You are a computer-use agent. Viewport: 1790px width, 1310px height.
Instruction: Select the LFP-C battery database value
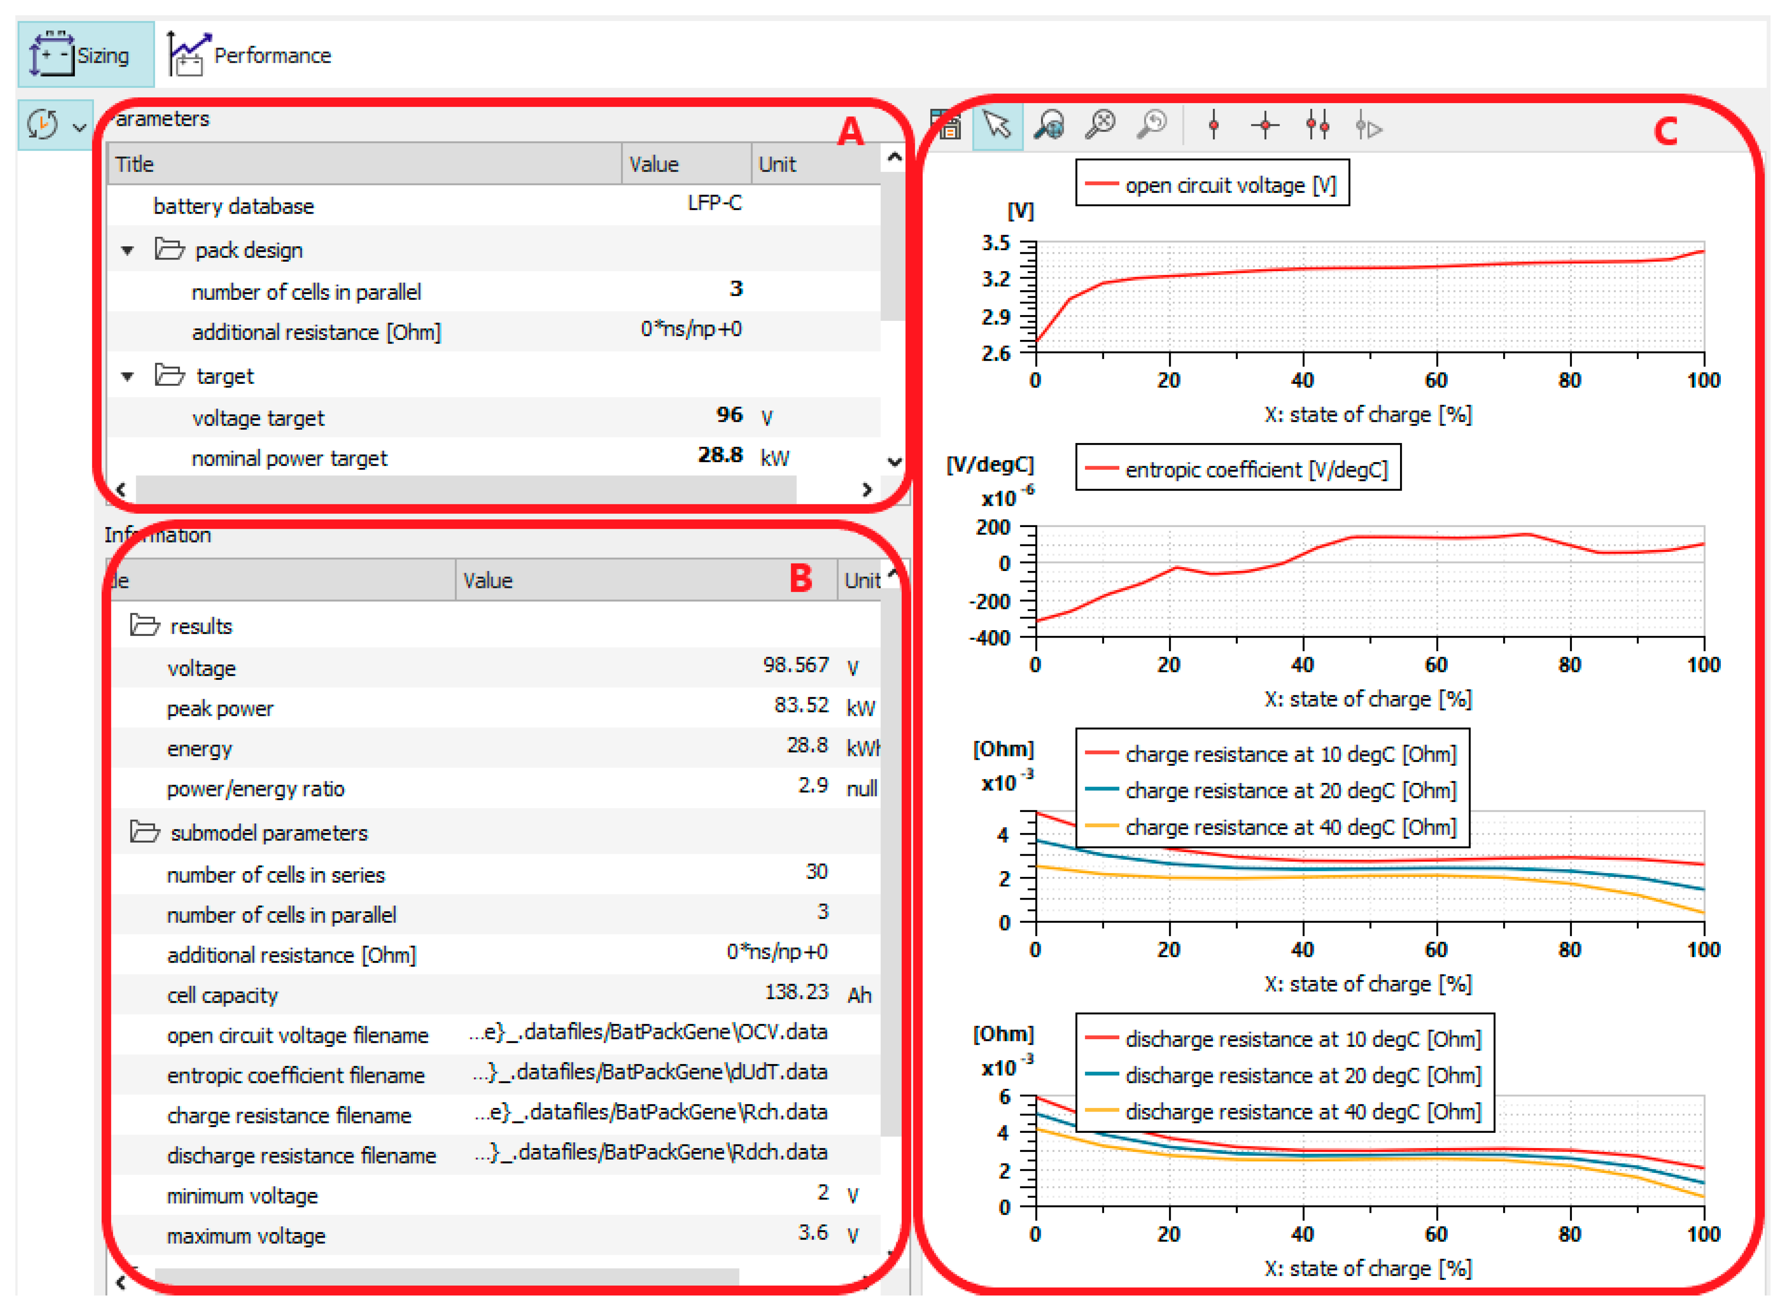pyautogui.click(x=714, y=204)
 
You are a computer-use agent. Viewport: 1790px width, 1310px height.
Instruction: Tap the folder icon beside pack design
pyautogui.click(x=169, y=250)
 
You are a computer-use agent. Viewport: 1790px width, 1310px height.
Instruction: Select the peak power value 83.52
pyautogui.click(x=801, y=705)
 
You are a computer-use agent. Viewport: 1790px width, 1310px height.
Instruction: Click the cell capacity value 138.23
pyautogui.click(x=796, y=992)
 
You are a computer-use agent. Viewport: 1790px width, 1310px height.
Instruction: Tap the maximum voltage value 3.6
pyautogui.click(x=813, y=1233)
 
